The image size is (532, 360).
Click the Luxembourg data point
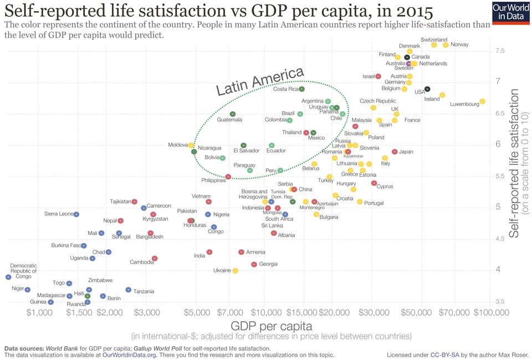pos(483,101)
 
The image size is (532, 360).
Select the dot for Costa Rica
pos(302,89)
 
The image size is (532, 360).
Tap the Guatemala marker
pos(233,114)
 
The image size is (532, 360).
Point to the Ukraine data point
pos(236,271)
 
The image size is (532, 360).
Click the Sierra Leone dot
pos(76,214)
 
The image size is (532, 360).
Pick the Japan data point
pos(395,152)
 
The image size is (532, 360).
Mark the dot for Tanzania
pos(129,290)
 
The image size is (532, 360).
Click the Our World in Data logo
pos(510,12)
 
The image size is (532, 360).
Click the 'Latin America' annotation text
pos(260,81)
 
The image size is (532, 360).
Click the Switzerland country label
pos(434,40)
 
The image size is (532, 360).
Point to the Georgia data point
pos(254,265)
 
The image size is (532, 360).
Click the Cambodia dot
pos(155,259)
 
